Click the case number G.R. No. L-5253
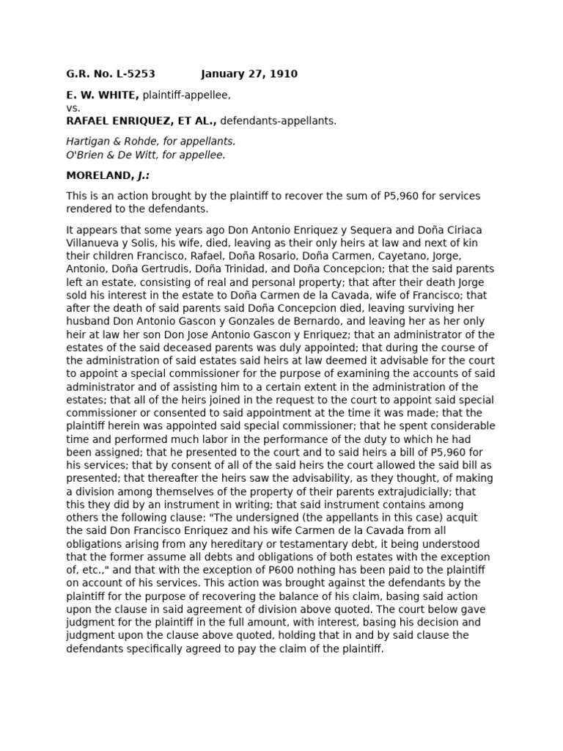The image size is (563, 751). click(111, 74)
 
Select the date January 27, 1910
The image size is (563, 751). click(249, 74)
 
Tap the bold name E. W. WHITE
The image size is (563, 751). click(103, 95)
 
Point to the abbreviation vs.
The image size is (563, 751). click(73, 108)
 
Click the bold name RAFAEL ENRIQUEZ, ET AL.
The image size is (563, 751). click(141, 121)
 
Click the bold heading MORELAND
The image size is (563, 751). click(98, 176)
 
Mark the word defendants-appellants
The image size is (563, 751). click(279, 121)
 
